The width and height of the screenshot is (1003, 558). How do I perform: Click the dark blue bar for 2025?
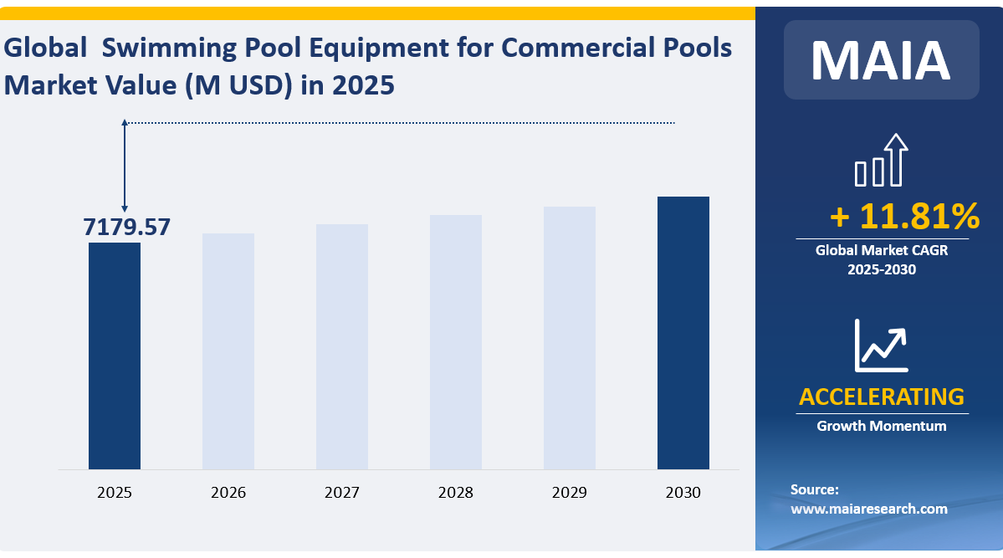pos(115,356)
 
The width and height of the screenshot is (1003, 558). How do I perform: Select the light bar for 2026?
pos(228,351)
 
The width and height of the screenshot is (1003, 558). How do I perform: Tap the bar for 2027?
pos(342,346)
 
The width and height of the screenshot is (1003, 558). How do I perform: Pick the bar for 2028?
pos(456,342)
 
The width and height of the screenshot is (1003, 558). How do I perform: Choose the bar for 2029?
pos(570,338)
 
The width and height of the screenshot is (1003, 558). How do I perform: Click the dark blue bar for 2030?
pos(683,333)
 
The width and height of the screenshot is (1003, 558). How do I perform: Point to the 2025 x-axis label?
pos(115,493)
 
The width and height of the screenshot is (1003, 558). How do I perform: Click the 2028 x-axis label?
pos(456,493)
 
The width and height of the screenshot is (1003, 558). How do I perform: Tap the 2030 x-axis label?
pos(683,493)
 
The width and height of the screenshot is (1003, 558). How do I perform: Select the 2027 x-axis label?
pos(342,493)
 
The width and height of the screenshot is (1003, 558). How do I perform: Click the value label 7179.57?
pos(126,227)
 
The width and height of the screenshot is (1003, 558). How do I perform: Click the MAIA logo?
pos(881,60)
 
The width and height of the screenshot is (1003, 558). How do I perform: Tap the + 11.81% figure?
pos(904,218)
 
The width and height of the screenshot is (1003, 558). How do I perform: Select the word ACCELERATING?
pos(881,397)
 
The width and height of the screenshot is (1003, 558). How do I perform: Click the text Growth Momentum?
pos(881,426)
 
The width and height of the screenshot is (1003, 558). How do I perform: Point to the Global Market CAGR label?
pos(881,249)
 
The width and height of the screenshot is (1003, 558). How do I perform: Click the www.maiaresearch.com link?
pos(869,508)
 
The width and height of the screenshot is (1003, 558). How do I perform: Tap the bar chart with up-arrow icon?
pos(881,161)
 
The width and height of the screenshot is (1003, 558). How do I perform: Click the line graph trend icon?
pos(881,345)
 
